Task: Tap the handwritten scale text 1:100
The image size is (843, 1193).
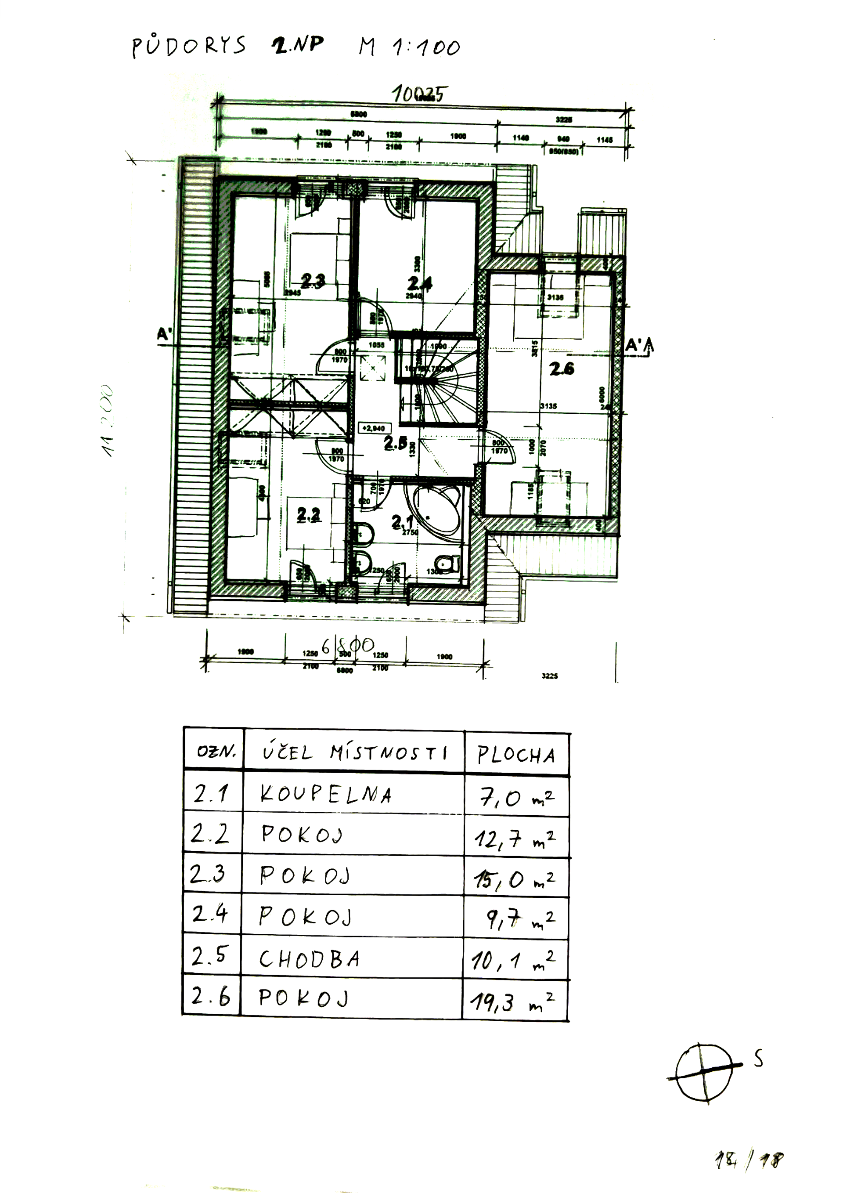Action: (427, 48)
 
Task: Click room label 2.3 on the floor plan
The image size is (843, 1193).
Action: (313, 281)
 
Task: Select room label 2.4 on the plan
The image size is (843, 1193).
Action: (419, 283)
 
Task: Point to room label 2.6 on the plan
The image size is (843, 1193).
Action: (562, 369)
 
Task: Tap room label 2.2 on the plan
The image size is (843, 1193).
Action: (309, 514)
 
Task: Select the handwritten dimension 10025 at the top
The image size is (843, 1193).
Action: (418, 94)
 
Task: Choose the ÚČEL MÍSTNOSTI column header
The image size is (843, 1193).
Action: (354, 753)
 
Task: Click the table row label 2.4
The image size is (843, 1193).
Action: (209, 915)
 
